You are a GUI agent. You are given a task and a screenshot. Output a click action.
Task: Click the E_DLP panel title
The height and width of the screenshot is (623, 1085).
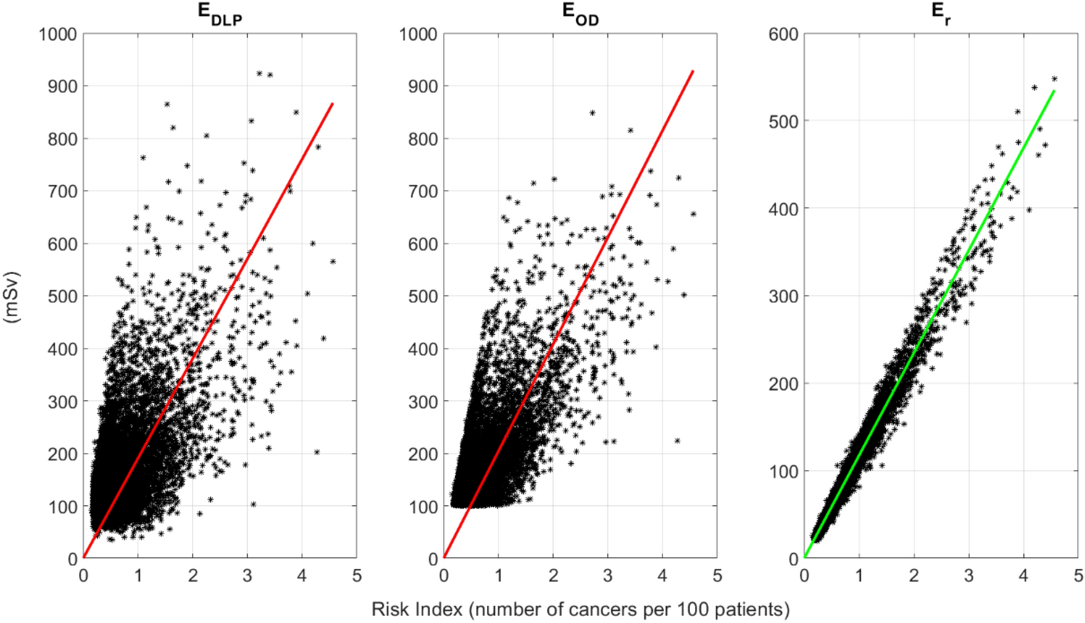pyautogui.click(x=220, y=14)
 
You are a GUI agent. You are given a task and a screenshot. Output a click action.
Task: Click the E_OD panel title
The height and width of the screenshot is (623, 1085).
pyautogui.click(x=580, y=14)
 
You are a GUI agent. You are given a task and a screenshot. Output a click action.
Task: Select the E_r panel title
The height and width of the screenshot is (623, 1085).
pyautogui.click(x=941, y=14)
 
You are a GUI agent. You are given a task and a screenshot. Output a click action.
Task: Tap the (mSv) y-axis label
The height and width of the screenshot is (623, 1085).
pyautogui.click(x=12, y=296)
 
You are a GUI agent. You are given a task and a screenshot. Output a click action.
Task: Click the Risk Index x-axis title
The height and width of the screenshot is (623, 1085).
pyautogui.click(x=580, y=609)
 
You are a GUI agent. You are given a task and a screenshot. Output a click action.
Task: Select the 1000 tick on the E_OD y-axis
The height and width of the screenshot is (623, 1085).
pyautogui.click(x=417, y=34)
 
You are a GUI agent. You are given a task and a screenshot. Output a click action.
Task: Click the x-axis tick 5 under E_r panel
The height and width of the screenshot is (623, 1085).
pyautogui.click(x=1078, y=576)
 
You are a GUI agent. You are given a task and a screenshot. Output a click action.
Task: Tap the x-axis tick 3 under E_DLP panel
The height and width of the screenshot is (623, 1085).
pyautogui.click(x=247, y=576)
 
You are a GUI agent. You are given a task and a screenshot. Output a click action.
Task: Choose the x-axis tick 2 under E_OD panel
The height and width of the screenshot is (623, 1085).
pyautogui.click(x=553, y=576)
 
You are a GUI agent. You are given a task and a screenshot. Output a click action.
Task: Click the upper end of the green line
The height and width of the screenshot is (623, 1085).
pyautogui.click(x=1054, y=91)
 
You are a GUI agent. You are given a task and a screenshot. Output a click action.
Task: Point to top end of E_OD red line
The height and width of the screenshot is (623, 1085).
pyautogui.click(x=693, y=71)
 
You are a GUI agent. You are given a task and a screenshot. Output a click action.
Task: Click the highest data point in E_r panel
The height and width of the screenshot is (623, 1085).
pyautogui.click(x=1054, y=79)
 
